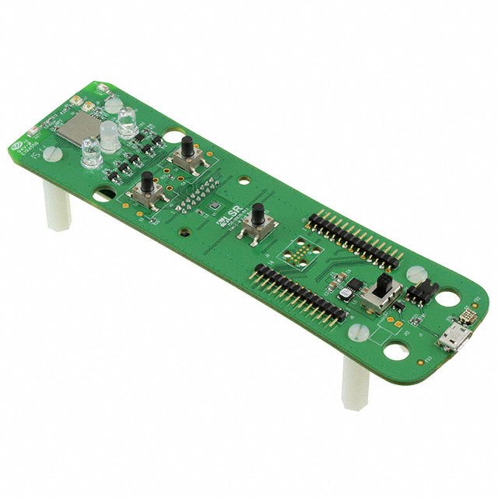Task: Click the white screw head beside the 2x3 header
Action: [x=414, y=274]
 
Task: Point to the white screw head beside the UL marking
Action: [x=51, y=153]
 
